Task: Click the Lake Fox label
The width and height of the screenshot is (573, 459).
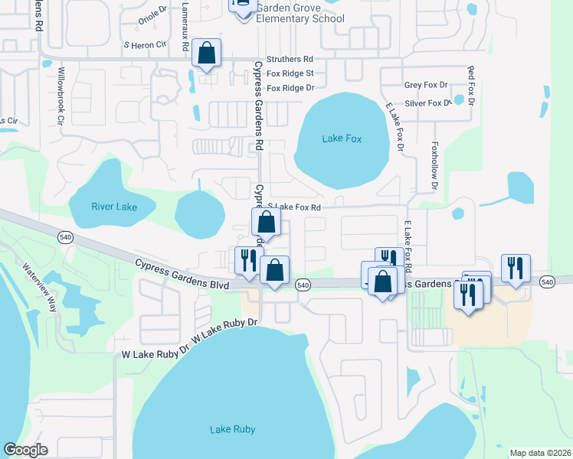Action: click(342, 138)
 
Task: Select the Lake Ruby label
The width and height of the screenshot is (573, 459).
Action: click(232, 430)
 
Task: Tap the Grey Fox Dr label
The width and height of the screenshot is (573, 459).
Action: click(426, 86)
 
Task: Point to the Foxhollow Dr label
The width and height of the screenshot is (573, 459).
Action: click(434, 165)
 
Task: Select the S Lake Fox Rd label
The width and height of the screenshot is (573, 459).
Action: click(293, 207)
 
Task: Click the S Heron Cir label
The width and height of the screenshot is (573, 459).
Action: click(146, 45)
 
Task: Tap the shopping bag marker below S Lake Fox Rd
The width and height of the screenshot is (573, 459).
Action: click(266, 223)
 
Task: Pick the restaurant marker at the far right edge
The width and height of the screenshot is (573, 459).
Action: click(516, 268)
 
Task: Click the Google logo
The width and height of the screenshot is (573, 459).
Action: click(26, 450)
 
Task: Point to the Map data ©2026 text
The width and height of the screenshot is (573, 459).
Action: click(540, 453)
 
